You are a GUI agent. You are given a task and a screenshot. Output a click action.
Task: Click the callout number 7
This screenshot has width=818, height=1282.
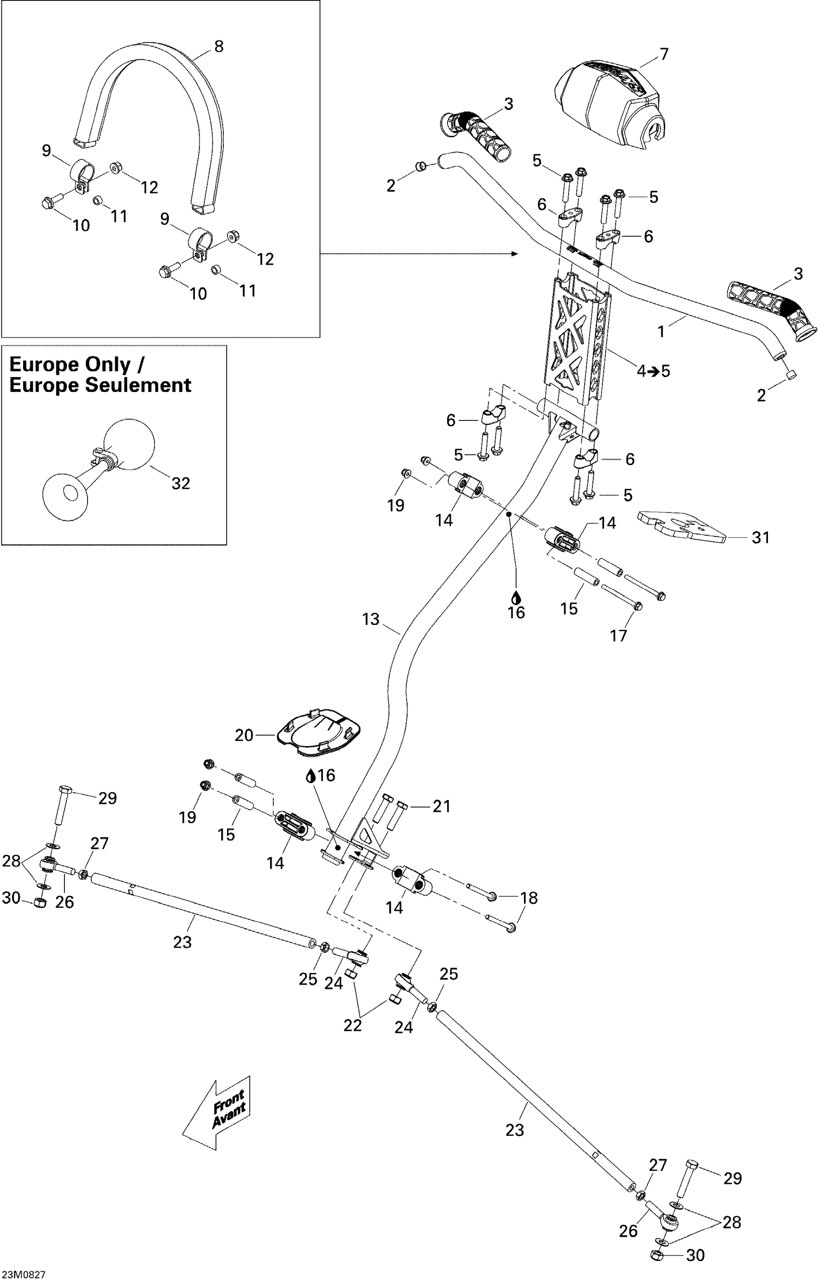tap(664, 54)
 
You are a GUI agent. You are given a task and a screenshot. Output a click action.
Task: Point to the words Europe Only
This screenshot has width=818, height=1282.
tap(69, 365)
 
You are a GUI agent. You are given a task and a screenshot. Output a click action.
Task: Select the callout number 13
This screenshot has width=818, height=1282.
tap(371, 619)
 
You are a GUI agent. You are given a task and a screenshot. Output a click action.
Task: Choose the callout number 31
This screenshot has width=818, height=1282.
tap(760, 538)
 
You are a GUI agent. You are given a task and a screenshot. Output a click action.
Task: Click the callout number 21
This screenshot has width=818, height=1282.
tap(442, 807)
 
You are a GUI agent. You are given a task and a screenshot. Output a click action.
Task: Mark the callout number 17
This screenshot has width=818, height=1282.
tap(618, 635)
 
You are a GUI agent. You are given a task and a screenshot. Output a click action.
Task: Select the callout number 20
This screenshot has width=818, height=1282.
tap(244, 735)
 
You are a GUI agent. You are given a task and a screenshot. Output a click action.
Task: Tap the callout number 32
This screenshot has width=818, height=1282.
tap(180, 483)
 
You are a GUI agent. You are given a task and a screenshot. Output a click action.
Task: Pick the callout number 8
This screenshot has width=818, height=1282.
tap(218, 47)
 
